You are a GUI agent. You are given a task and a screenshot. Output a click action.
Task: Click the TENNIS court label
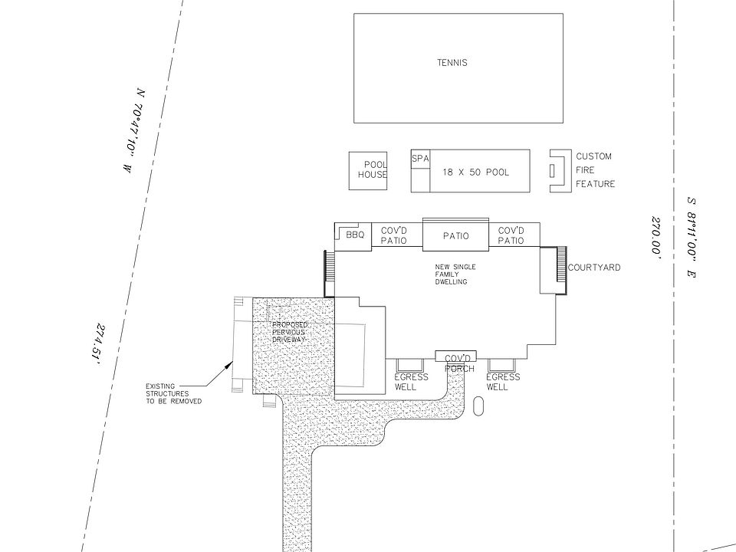(x=452, y=63)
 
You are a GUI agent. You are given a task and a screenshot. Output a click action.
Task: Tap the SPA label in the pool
(x=420, y=159)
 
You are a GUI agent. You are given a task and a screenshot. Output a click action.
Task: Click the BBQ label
(x=355, y=235)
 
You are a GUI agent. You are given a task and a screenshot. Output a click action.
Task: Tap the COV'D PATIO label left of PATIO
(x=393, y=235)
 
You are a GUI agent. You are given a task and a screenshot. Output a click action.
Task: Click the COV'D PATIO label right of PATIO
(x=511, y=235)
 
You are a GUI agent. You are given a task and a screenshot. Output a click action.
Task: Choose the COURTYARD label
(x=594, y=268)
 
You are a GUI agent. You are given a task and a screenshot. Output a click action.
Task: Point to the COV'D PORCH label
(x=457, y=363)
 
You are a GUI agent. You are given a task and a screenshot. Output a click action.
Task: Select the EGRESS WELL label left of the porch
(x=411, y=382)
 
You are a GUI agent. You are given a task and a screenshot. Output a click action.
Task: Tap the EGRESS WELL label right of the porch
(x=503, y=382)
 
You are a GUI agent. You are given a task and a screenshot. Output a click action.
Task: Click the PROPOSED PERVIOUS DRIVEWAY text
(x=289, y=332)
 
